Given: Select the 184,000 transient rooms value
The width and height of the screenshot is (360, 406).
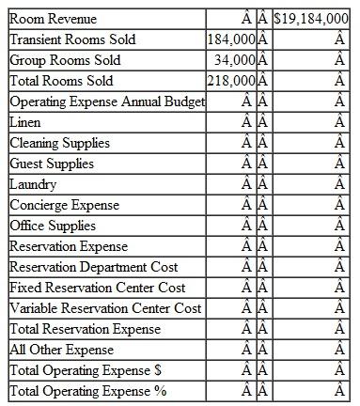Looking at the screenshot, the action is (x=230, y=39).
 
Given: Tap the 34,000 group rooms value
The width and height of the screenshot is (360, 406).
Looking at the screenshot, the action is (x=235, y=60).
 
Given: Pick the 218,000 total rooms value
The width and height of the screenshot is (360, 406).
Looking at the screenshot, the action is (x=230, y=81).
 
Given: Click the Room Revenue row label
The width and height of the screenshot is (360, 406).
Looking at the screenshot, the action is (x=53, y=19).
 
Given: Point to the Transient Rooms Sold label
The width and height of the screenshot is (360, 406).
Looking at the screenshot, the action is (x=71, y=39).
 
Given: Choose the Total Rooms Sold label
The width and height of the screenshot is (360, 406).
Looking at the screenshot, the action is (x=61, y=81).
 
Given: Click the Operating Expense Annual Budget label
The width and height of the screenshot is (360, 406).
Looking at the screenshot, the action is (x=105, y=101).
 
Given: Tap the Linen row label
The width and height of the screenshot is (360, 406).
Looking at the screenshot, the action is (x=25, y=122).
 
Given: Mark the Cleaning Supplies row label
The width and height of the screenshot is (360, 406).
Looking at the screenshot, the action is (x=59, y=143).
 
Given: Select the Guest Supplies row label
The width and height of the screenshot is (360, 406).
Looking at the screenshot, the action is (x=52, y=164).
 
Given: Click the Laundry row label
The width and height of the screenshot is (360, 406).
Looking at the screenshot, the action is (x=33, y=184).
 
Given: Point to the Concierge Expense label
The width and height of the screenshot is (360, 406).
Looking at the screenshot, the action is (x=64, y=205).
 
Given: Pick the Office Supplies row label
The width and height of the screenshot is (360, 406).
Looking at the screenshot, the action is (x=53, y=226).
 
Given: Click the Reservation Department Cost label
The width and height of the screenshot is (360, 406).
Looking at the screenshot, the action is (x=93, y=267).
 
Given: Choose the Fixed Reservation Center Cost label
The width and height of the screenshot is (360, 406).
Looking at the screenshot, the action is (x=97, y=288).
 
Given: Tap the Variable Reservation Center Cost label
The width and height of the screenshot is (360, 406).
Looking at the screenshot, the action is (x=105, y=308).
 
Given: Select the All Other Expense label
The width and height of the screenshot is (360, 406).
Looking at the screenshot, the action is (x=61, y=350).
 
